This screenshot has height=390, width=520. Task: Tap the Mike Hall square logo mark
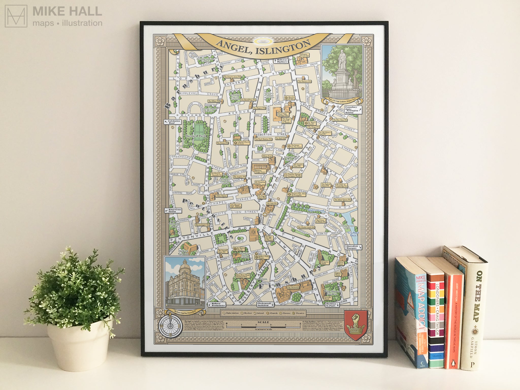pos(16,16)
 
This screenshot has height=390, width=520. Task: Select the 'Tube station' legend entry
pos(231,313)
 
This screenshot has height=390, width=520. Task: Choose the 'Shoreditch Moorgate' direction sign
pos(353,247)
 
